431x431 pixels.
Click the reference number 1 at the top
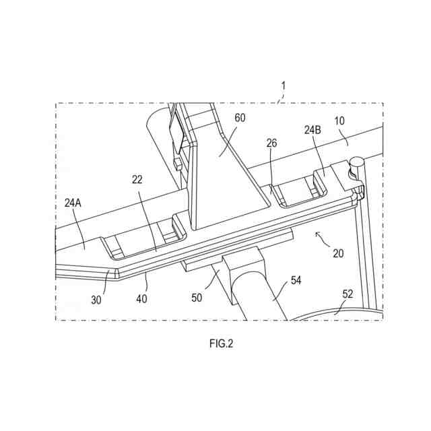(284, 86)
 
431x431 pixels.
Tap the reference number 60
(240, 117)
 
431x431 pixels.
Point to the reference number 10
(340, 121)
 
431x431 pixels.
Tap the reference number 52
(347, 294)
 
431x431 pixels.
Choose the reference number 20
(338, 253)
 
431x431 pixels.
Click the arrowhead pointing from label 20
(317, 233)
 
